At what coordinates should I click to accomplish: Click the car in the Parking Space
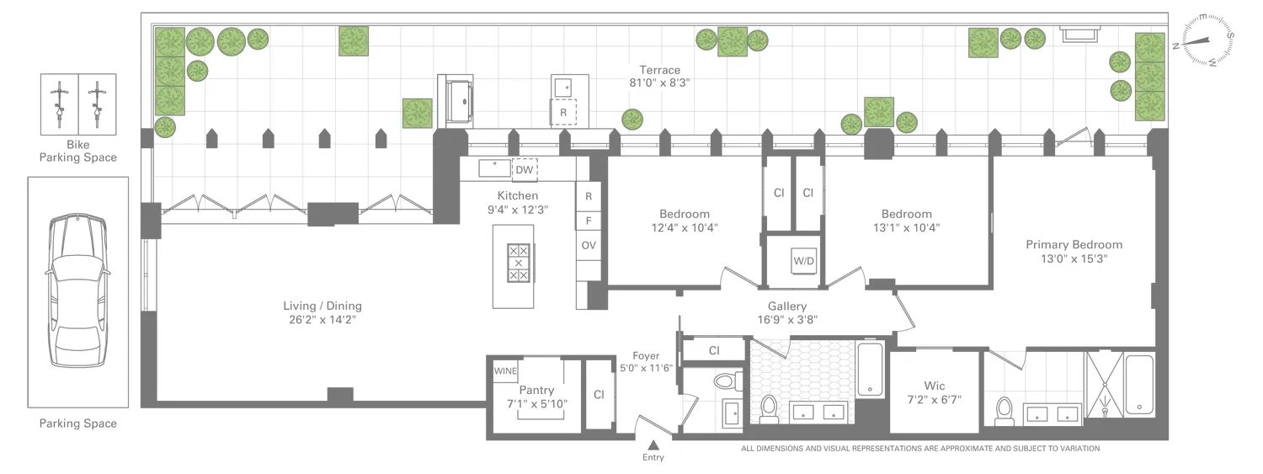77,290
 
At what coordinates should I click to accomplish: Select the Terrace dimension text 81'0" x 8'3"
659,83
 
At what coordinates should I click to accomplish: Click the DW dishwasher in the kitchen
525,169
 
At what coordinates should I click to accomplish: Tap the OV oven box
589,246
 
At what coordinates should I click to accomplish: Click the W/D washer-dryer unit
803,261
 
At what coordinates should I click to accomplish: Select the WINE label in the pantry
505,370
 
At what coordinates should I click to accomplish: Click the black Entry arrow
653,445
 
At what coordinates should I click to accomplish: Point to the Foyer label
647,356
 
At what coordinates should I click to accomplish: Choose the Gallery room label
787,306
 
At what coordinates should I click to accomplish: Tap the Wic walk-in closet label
934,386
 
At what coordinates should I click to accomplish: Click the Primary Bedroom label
1074,244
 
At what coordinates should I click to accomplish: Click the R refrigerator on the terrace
563,112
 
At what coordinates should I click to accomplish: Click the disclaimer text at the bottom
920,449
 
